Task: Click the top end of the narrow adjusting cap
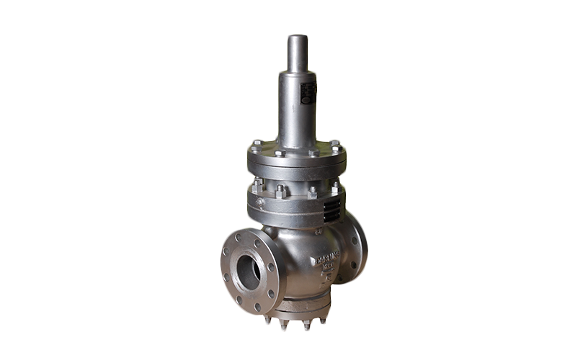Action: (x=298, y=37)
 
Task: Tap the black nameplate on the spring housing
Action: (x=308, y=93)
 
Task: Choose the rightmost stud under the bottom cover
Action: (x=322, y=320)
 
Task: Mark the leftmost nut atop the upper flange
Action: (x=257, y=143)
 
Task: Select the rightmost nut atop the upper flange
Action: (x=335, y=143)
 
